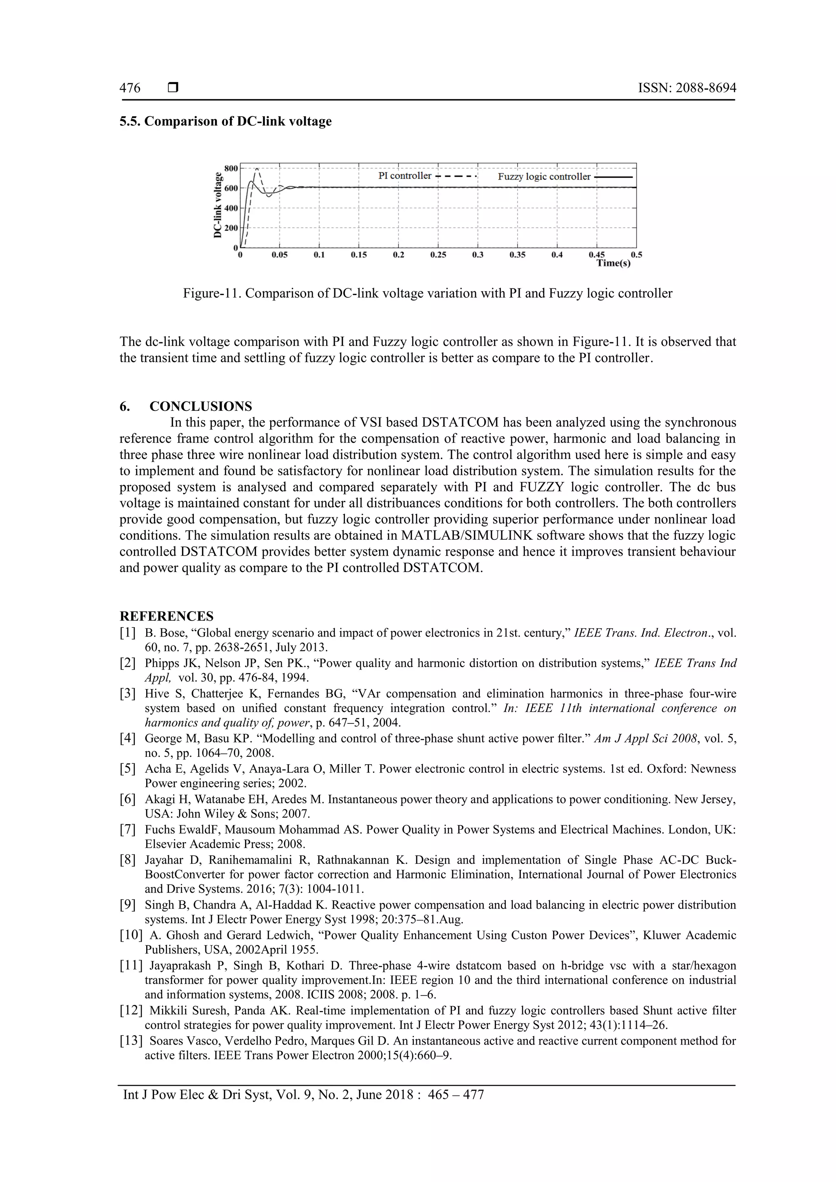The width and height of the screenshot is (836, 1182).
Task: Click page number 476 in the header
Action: pyautogui.click(x=130, y=88)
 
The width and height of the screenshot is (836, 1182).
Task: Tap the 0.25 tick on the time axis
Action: pyautogui.click(x=438, y=255)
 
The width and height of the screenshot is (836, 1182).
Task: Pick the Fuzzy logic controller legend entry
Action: pyautogui.click(x=544, y=177)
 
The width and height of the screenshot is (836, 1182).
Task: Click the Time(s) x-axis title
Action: pyautogui.click(x=613, y=263)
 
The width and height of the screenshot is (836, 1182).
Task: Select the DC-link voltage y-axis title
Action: pyautogui.click(x=218, y=206)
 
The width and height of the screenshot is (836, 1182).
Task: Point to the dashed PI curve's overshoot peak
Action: pyautogui.click(x=257, y=169)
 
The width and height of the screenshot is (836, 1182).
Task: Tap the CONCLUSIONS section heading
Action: pyautogui.click(x=200, y=406)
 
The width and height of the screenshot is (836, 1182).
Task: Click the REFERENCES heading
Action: pyautogui.click(x=167, y=616)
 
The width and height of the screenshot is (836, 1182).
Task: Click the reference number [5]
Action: pyautogui.click(x=128, y=769)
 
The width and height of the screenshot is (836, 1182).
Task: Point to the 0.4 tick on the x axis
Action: pyautogui.click(x=557, y=255)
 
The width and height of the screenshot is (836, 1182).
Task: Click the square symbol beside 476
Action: pyautogui.click(x=173, y=88)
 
